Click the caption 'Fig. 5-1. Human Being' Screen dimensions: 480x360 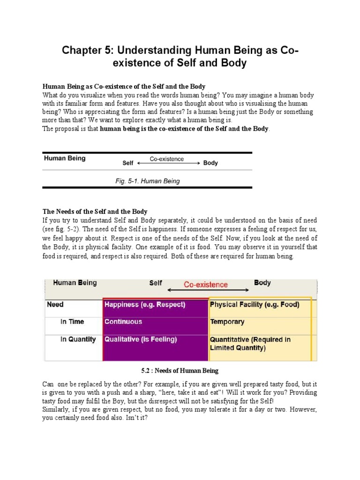pos(147,181)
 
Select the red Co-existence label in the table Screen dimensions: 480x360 pos(206,285)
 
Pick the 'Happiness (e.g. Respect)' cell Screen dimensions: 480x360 pos(145,305)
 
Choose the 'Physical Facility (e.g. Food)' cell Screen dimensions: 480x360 pos(254,305)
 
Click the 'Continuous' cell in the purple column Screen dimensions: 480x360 pos(123,322)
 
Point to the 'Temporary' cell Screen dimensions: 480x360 pos(227,322)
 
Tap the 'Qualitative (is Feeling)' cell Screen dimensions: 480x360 pos(141,339)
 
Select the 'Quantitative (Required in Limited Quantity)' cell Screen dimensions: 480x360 pos(250,344)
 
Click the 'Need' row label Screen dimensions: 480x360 pos(55,305)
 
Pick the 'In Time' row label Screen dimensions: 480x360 pos(72,322)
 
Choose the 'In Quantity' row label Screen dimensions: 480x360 pos(78,339)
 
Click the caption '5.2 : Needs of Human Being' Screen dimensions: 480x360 pos(180,371)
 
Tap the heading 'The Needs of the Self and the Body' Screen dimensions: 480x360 pos(95,212)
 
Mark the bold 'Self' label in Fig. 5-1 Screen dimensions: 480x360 pos(128,164)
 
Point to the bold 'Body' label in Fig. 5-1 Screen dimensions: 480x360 pos(210,163)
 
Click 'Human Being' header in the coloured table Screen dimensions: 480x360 pos(75,283)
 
